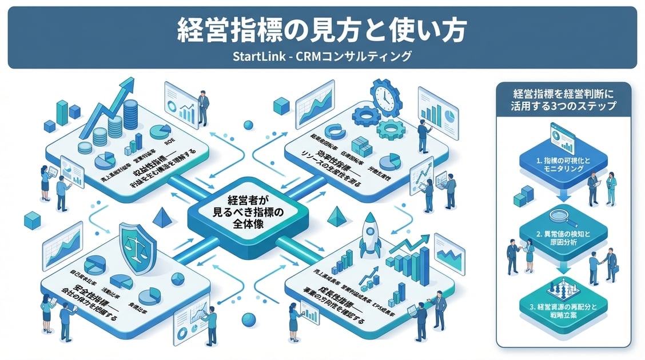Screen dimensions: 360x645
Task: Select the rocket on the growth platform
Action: (370, 235)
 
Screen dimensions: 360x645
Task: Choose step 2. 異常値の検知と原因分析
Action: (563, 238)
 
